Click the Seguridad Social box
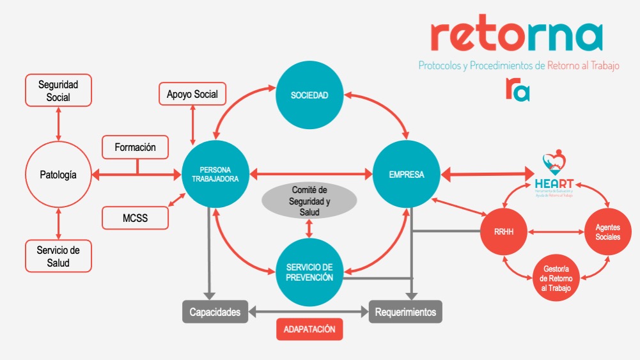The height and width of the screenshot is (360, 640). pos(58,90)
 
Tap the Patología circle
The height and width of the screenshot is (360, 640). pos(58,174)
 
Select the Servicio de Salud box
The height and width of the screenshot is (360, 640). pos(58,256)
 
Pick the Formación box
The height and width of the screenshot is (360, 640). pos(136,148)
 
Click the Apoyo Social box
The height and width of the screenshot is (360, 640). pos(192,95)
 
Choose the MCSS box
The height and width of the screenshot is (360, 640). pos(136,218)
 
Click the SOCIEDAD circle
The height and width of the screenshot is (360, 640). pos(309,95)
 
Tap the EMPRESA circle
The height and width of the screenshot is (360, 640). pos(407,175)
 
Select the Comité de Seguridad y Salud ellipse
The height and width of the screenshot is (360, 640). pos(309,200)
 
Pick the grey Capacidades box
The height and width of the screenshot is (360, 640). pos(215,312)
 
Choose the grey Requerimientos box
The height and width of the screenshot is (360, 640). pos(405,312)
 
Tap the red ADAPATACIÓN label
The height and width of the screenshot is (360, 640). pos(309,330)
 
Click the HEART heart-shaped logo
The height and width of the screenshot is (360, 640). pos(553,165)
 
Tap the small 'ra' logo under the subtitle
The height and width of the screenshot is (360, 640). pos(517,89)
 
